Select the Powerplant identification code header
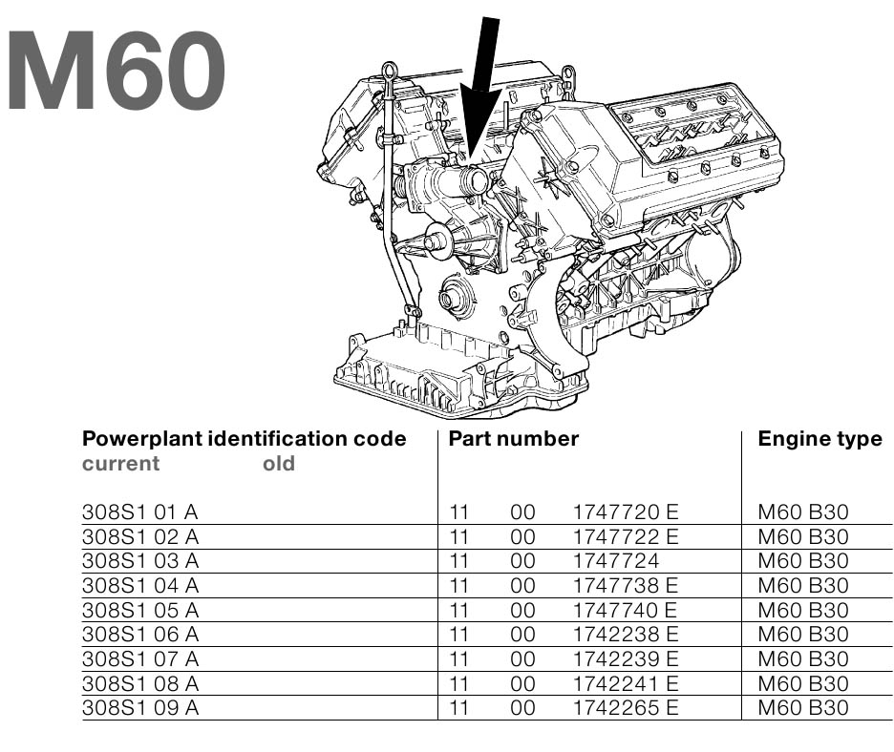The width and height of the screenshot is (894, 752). coord(245,439)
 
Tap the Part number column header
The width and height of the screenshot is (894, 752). coord(514,439)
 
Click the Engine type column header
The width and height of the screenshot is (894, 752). coord(819,439)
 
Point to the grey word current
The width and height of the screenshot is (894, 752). coord(121,464)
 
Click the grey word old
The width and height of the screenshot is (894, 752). coord(279,464)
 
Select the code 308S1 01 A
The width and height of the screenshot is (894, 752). coord(140,512)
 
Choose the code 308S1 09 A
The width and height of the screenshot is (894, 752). coord(140,708)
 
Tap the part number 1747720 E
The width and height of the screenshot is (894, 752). coord(625,512)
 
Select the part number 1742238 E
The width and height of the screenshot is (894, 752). coord(625,635)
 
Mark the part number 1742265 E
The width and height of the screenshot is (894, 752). coord(625,708)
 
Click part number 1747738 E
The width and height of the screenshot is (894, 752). coord(625,586)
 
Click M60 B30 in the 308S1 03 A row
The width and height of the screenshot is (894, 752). coord(802,561)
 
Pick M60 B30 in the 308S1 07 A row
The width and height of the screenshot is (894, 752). coord(802,659)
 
